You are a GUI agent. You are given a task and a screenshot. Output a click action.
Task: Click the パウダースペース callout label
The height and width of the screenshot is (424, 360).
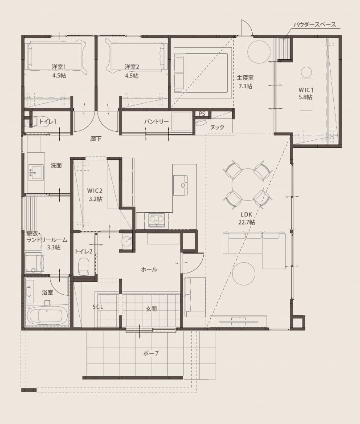(x=315, y=24)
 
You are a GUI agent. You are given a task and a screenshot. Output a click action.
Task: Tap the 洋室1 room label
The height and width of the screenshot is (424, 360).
(x=59, y=66)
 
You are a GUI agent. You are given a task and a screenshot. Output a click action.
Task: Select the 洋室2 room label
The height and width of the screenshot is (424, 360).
(x=132, y=66)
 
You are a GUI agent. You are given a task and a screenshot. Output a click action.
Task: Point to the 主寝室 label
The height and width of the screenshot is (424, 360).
(x=245, y=78)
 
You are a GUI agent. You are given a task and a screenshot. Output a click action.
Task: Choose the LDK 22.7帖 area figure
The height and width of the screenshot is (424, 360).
(x=246, y=223)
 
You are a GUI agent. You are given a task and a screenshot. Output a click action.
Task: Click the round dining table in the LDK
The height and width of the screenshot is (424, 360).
(x=248, y=185)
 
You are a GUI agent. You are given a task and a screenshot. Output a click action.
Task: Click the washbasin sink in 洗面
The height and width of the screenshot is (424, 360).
(x=36, y=172)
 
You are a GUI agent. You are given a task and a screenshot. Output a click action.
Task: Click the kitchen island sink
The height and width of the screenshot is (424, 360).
(x=180, y=185)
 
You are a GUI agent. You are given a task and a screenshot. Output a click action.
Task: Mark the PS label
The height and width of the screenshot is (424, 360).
(x=202, y=114)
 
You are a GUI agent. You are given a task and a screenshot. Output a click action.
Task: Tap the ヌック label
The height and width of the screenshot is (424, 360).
(x=217, y=127)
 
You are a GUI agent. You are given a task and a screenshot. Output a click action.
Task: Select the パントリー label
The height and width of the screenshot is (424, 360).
(x=156, y=122)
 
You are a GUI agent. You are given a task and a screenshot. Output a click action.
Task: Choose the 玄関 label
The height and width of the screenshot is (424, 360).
(x=151, y=309)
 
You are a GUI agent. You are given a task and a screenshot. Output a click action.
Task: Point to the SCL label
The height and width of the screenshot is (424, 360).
(x=98, y=307)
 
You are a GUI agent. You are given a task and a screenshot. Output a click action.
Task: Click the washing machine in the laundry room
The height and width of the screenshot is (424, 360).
(x=34, y=263)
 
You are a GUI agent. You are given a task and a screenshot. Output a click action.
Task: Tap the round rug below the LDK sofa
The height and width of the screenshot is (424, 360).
(x=243, y=273)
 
